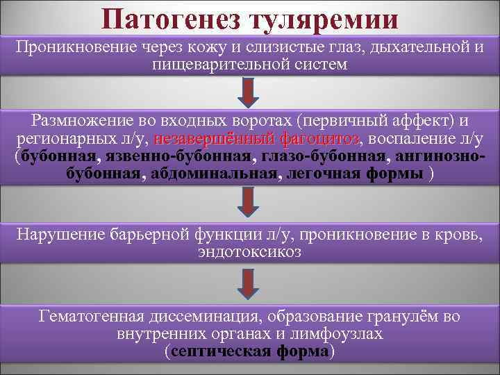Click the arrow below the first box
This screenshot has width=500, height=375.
(250, 90)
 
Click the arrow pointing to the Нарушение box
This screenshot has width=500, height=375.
(250, 200)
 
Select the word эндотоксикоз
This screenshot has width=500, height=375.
(249, 251)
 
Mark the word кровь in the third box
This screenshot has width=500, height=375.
(456, 234)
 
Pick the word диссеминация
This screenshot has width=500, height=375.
(199, 318)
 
